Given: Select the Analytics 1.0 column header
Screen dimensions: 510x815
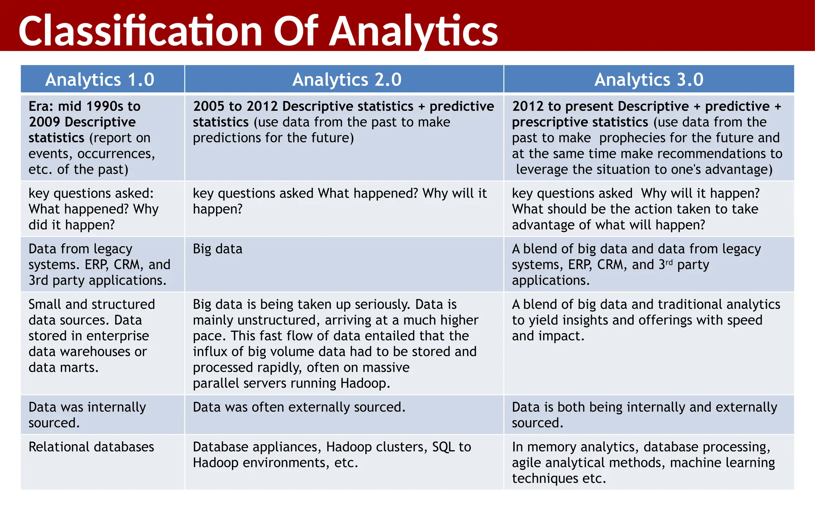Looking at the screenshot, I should (99, 79).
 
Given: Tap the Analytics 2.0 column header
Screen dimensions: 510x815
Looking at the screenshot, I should (347, 79).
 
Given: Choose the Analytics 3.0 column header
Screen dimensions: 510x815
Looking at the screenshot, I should (649, 79).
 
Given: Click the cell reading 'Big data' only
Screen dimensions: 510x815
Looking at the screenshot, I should (218, 249).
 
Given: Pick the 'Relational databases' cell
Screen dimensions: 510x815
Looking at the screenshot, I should (91, 447).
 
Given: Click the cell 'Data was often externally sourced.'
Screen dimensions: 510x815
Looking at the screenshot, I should (299, 407).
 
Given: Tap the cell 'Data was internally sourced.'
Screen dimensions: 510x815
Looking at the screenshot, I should (87, 415).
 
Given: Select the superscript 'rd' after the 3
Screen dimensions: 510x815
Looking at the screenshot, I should (669, 262).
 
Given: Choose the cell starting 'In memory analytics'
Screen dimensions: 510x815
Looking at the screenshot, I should (643, 462).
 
